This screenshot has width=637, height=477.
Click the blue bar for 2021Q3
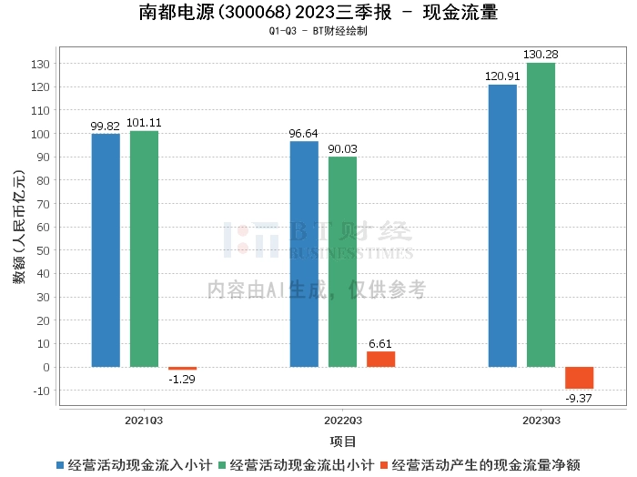(x=106, y=250)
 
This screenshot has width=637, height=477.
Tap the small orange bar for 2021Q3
(x=182, y=369)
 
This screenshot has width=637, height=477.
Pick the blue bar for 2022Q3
(x=304, y=254)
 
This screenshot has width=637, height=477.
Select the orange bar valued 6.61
(x=380, y=360)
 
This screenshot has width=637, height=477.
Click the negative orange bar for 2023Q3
(x=579, y=378)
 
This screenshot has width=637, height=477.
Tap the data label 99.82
(x=106, y=127)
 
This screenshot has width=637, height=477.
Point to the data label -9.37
(x=579, y=398)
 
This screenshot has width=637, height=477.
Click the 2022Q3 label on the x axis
(x=342, y=421)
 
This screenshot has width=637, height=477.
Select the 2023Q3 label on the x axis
(x=541, y=421)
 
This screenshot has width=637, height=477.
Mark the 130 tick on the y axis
(x=41, y=64)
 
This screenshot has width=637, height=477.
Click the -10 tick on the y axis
(x=41, y=391)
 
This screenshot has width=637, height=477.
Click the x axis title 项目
(x=342, y=441)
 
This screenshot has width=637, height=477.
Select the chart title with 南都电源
(x=318, y=13)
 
